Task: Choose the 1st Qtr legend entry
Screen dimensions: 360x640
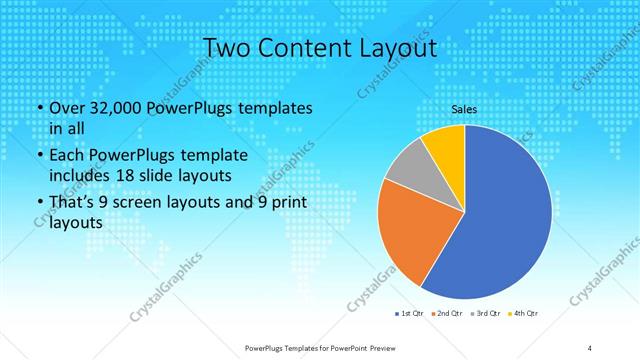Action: click(x=411, y=314)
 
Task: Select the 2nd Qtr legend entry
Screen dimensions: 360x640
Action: click(x=448, y=314)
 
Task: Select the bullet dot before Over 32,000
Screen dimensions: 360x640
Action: click(x=39, y=108)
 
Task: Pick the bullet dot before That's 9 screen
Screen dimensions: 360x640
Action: click(x=39, y=204)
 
